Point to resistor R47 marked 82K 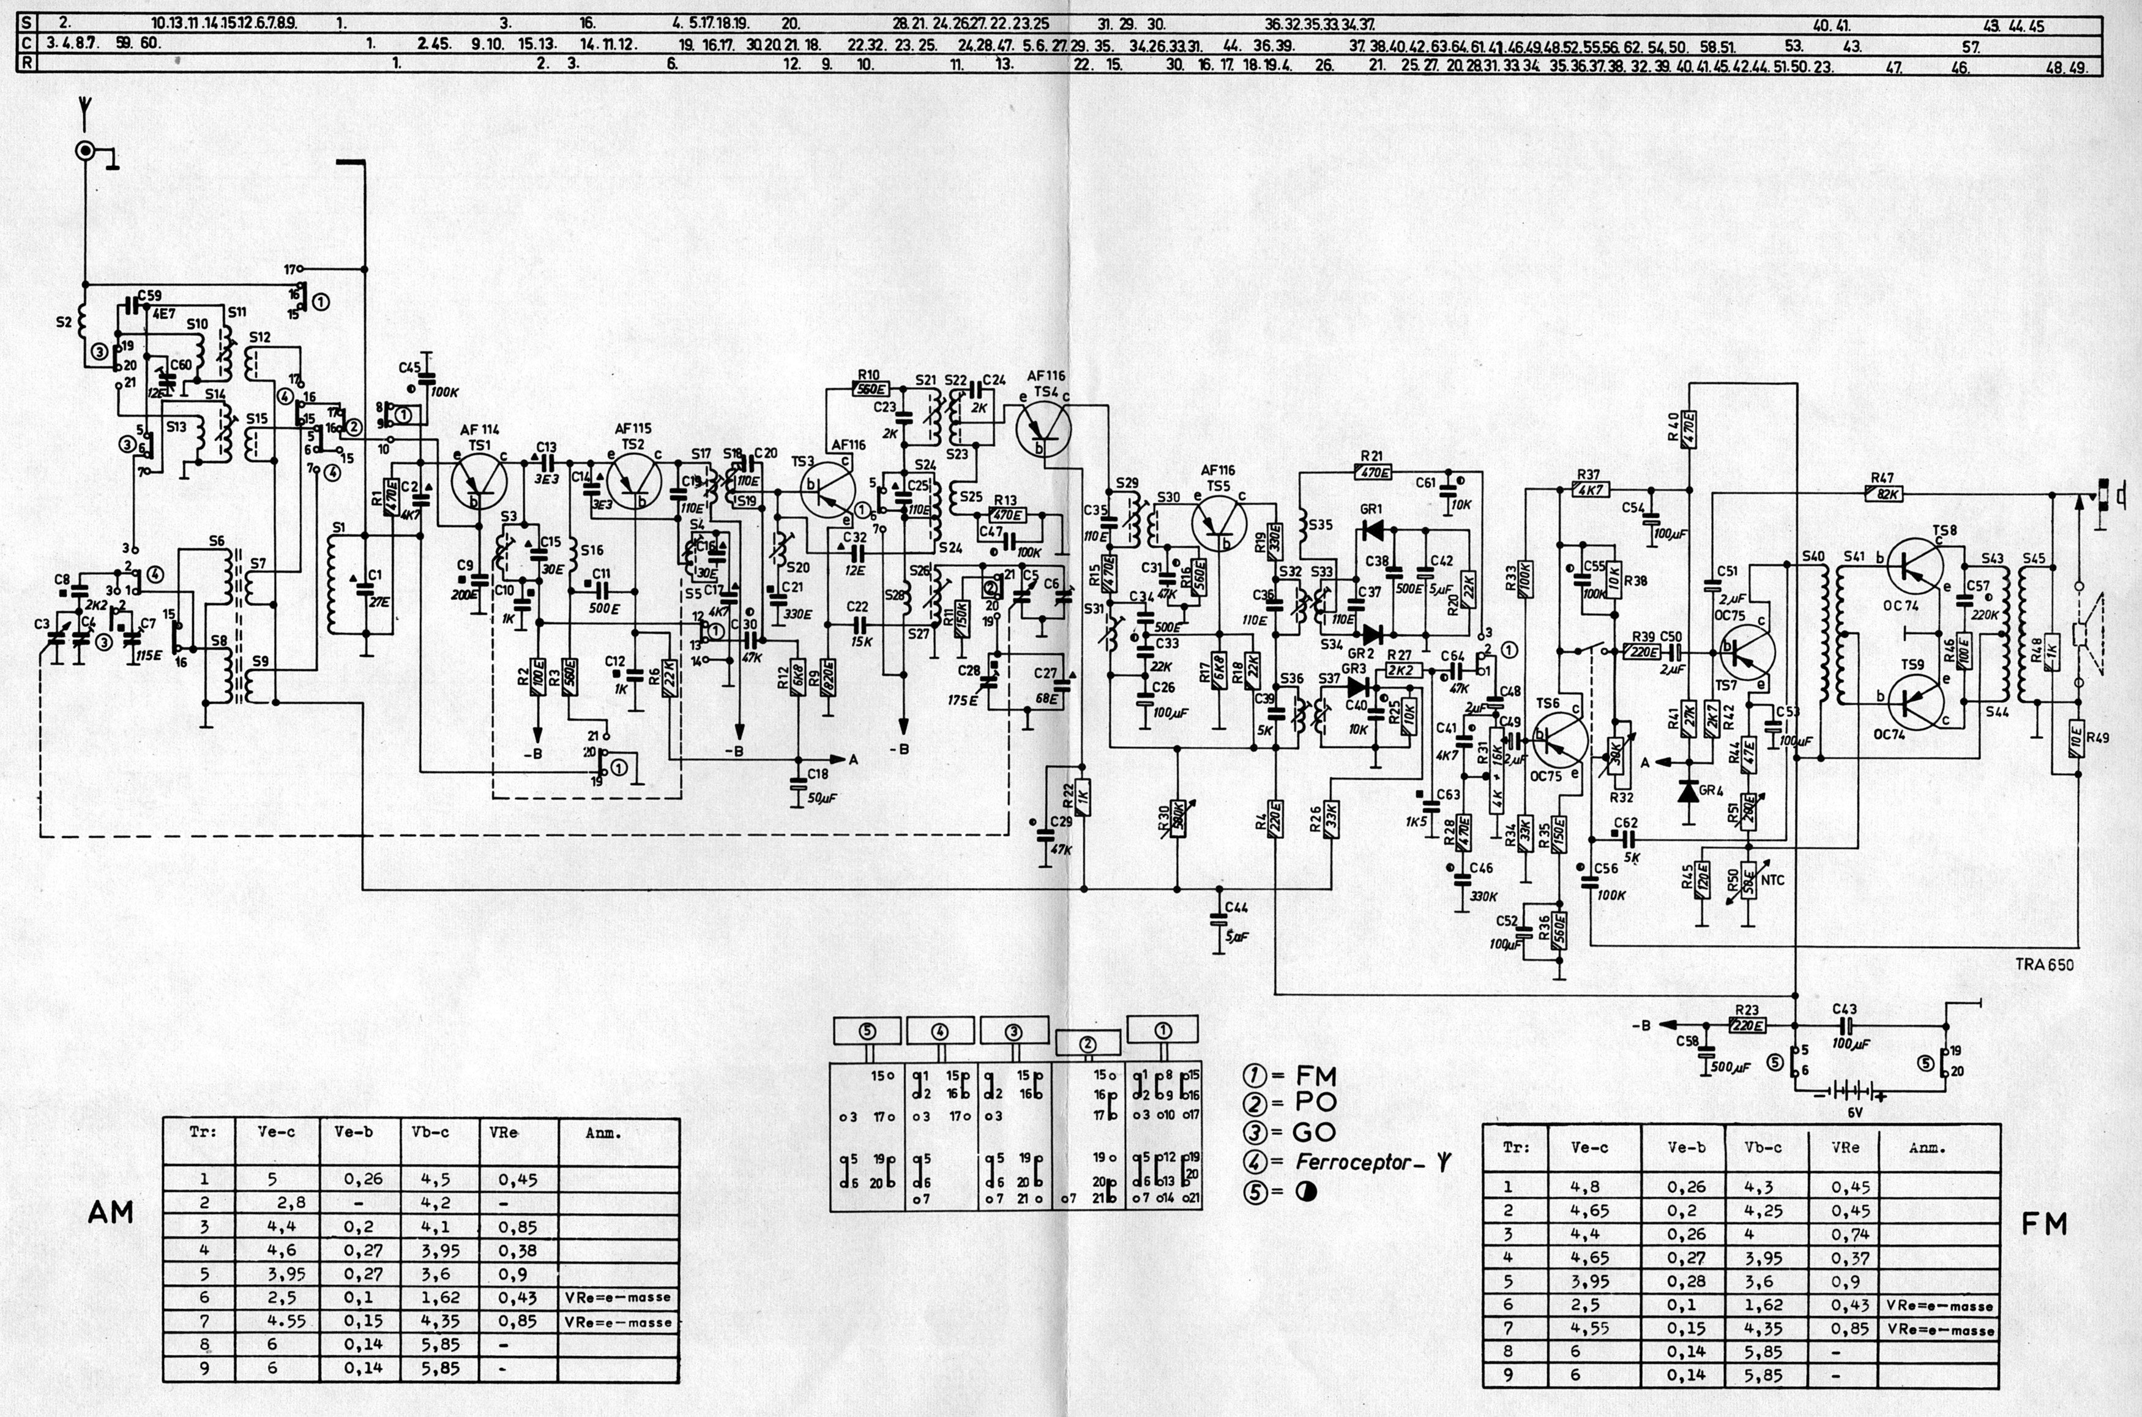click(x=1884, y=493)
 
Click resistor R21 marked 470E click(x=1373, y=472)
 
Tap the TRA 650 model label click(x=2045, y=964)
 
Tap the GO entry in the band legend click(x=1315, y=1132)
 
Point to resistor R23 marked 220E click(x=1748, y=1026)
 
